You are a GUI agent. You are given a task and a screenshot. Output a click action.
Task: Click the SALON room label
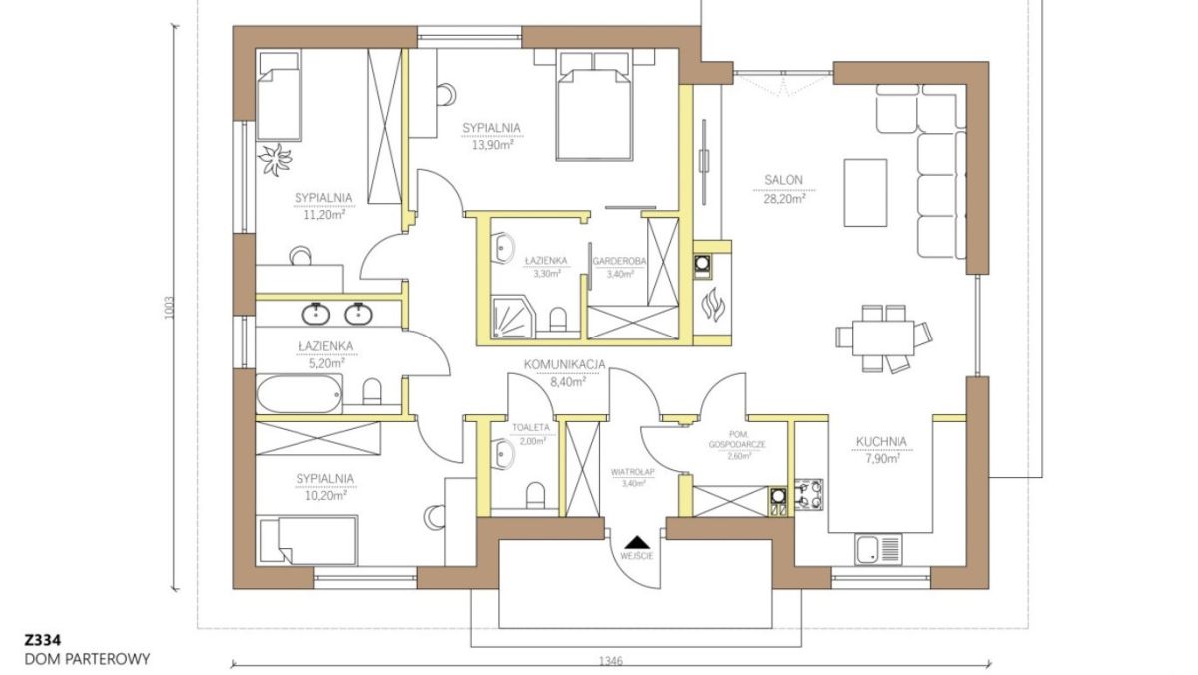click(783, 181)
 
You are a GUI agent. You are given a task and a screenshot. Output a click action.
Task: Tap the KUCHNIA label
click(882, 442)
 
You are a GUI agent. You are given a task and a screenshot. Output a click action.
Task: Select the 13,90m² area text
click(492, 145)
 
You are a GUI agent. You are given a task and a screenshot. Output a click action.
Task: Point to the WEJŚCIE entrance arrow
click(637, 543)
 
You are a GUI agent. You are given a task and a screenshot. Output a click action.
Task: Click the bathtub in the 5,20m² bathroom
click(299, 394)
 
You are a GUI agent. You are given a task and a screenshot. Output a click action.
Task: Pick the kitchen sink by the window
click(879, 549)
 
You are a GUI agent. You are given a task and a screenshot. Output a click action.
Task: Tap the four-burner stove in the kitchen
click(808, 494)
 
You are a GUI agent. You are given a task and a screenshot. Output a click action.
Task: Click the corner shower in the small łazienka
click(514, 318)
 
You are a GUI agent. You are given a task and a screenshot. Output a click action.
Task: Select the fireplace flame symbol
click(713, 306)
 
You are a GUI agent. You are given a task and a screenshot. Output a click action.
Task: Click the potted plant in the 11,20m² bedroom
click(275, 159)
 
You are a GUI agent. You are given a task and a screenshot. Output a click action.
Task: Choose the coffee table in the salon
click(865, 193)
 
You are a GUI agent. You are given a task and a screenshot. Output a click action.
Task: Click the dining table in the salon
click(884, 337)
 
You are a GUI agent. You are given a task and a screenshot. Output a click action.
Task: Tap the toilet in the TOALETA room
click(535, 496)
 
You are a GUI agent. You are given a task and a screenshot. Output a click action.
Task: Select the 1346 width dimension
click(611, 661)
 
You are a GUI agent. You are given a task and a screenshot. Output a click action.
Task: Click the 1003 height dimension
click(170, 309)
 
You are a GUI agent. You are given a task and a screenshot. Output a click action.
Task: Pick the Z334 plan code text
click(43, 640)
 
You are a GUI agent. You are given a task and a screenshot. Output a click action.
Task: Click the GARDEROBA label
click(619, 261)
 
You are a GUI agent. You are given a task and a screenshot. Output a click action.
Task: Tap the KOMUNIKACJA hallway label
click(564, 364)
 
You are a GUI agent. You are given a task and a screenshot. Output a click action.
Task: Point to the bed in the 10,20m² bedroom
click(308, 540)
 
